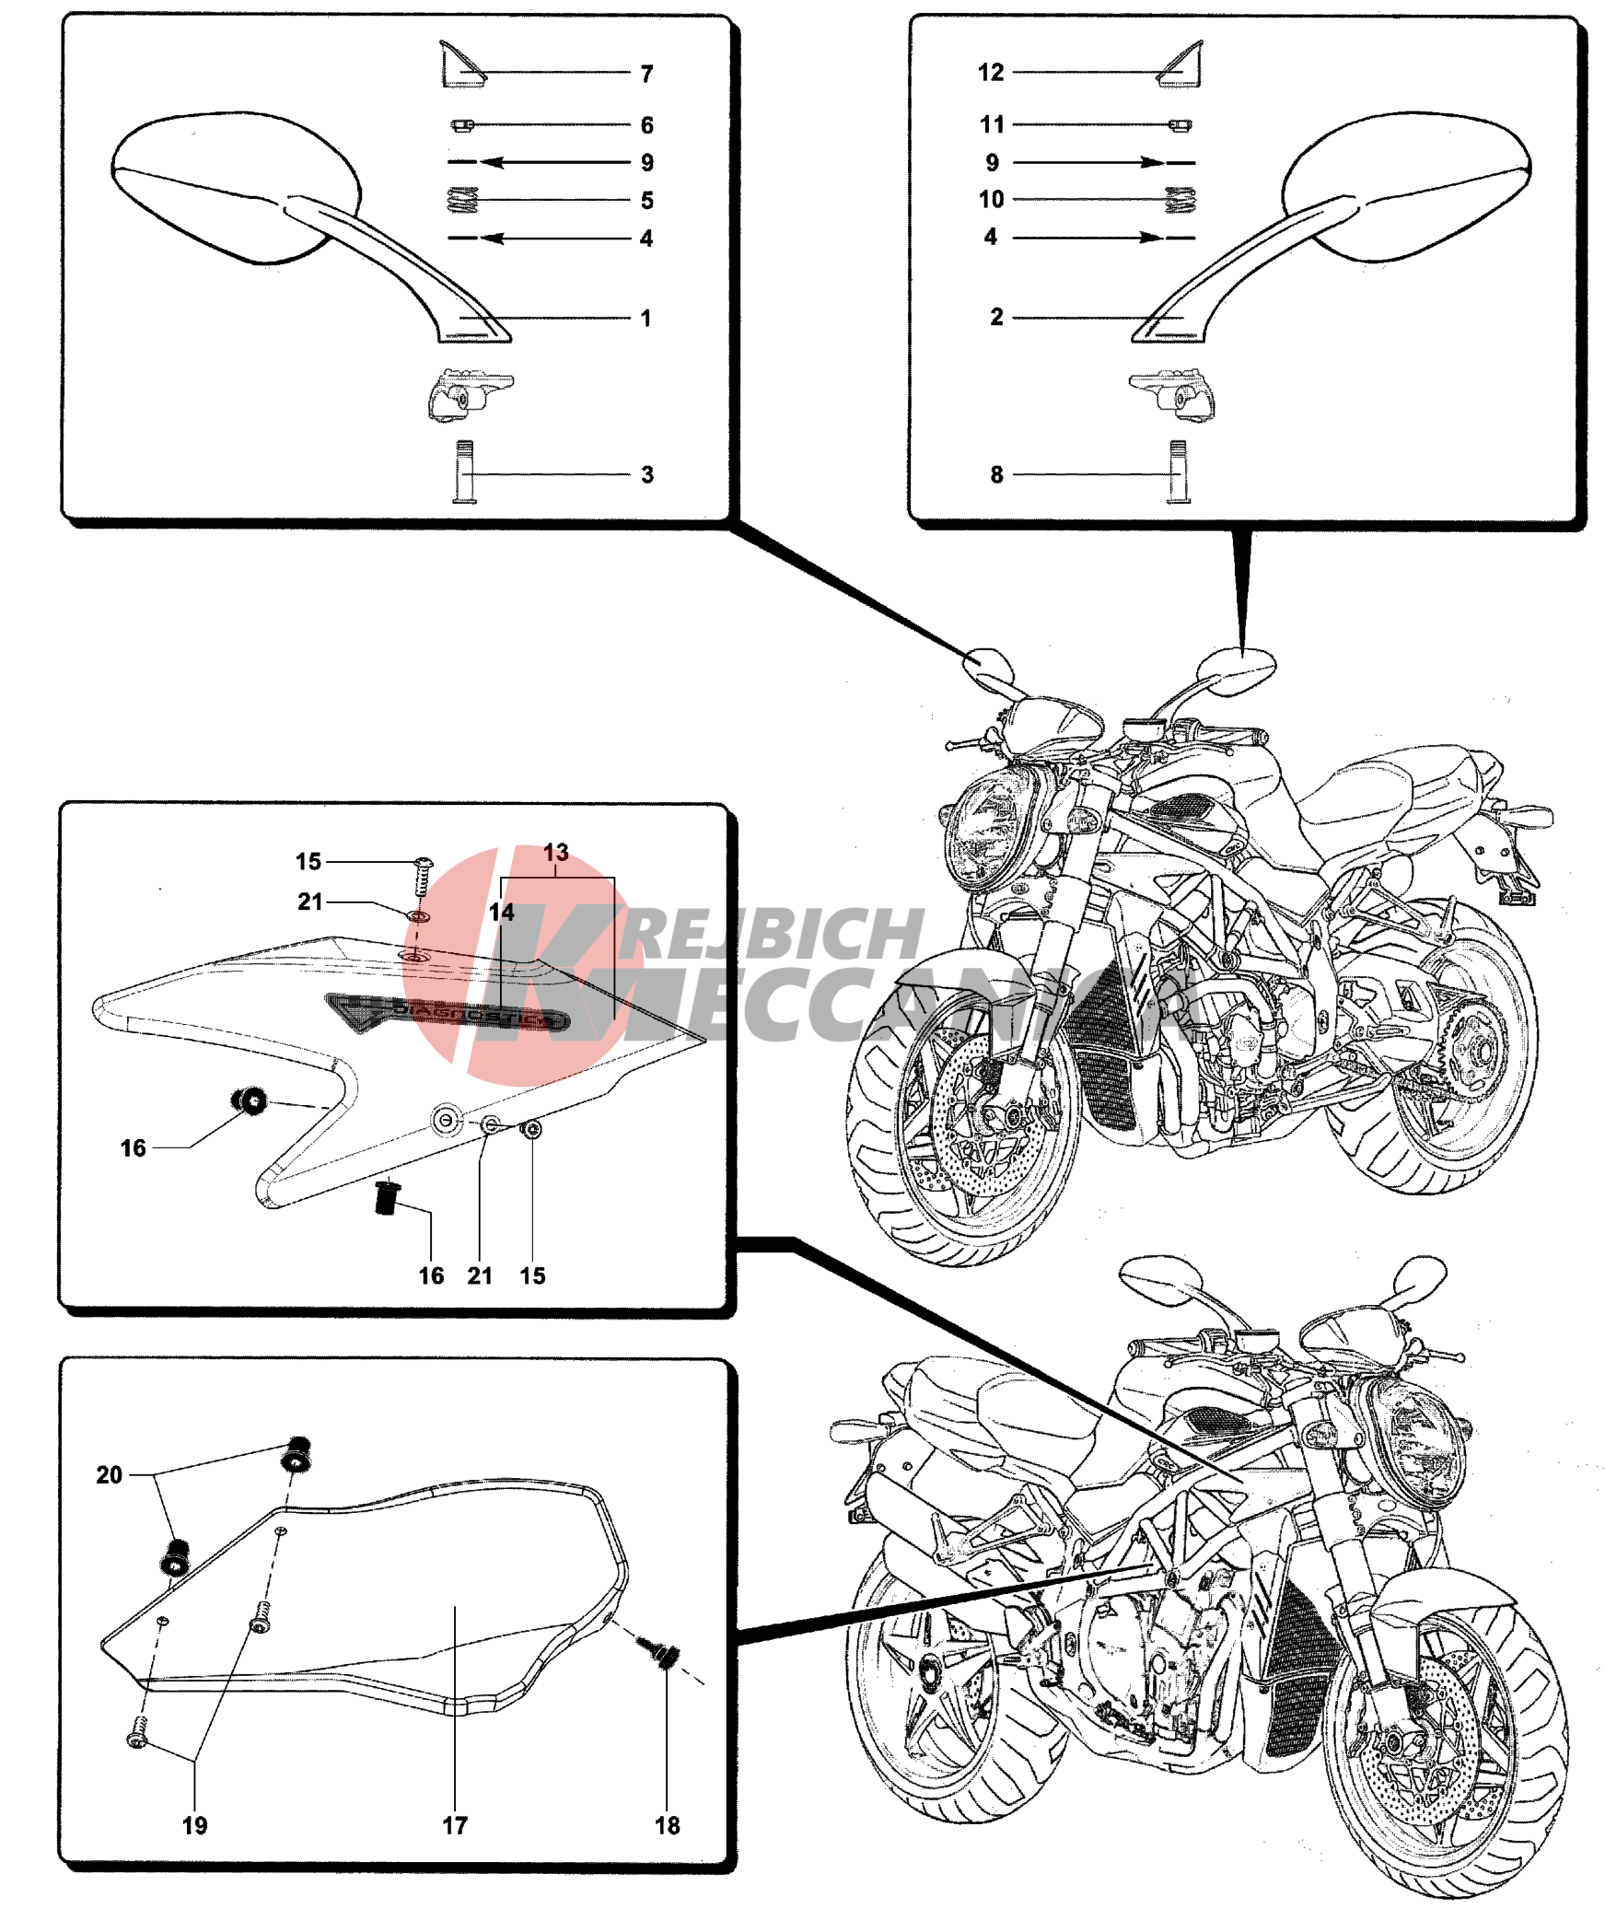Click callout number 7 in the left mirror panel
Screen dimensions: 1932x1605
click(x=646, y=74)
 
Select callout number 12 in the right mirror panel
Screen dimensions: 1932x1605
click(x=991, y=73)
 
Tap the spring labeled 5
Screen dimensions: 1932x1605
click(x=463, y=200)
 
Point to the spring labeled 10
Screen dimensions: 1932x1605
click(x=1180, y=199)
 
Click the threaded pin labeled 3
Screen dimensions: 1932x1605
click(x=465, y=471)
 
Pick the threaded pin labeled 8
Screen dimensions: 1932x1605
click(x=1178, y=471)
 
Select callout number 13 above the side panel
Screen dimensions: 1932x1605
click(x=555, y=852)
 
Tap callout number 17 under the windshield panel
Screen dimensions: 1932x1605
click(x=455, y=1825)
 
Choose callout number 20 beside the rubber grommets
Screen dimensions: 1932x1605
click(x=110, y=1474)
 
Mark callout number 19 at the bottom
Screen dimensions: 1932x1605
click(x=194, y=1825)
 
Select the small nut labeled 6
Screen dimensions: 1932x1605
click(x=462, y=124)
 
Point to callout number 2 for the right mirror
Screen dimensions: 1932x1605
click(x=996, y=317)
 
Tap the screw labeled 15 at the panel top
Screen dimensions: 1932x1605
click(x=424, y=873)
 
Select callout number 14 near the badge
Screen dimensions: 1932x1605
click(x=501, y=912)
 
